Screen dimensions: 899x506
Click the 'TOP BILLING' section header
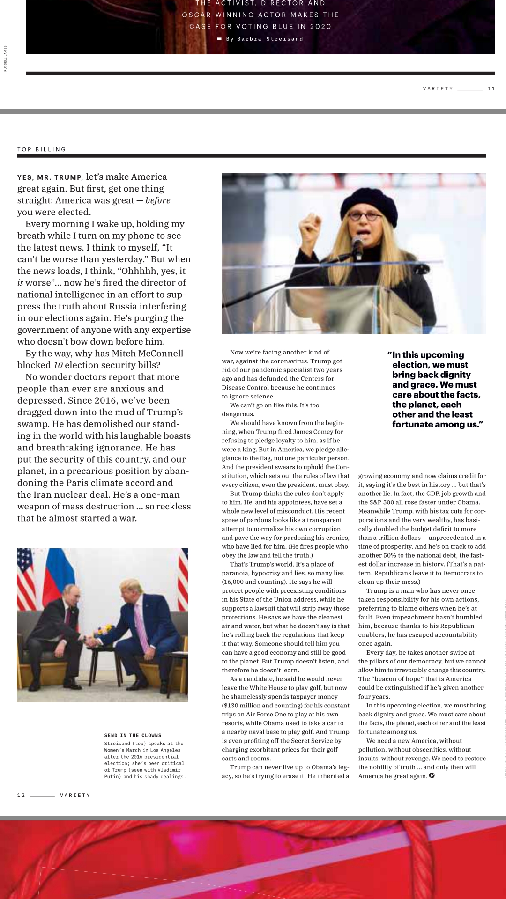point(42,149)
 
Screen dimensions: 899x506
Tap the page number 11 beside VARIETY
point(491,88)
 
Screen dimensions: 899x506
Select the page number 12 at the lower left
point(21,795)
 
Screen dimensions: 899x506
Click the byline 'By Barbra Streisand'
point(265,39)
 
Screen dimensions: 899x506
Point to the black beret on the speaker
point(369,197)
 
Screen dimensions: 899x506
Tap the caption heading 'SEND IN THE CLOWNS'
point(133,735)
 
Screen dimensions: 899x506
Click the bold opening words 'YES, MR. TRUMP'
point(50,177)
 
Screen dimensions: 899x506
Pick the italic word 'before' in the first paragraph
point(157,200)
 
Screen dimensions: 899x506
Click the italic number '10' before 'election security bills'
point(58,365)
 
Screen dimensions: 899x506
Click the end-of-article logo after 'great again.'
point(432,776)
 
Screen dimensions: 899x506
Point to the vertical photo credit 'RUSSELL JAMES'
point(6,58)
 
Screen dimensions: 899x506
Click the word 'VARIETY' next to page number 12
point(75,795)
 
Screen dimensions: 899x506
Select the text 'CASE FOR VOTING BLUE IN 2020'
point(260,27)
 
